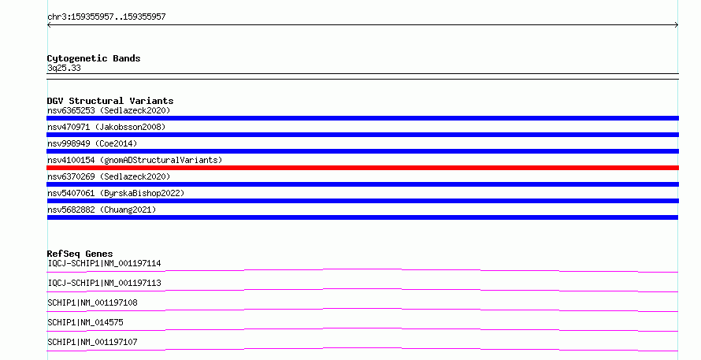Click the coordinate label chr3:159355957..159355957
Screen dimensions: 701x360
[x=106, y=17]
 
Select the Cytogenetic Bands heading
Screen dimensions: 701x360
[x=94, y=58]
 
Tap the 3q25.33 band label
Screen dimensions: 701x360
[x=64, y=68]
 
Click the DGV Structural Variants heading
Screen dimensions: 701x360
[x=110, y=101]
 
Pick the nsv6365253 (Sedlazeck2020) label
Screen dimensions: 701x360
[x=109, y=110]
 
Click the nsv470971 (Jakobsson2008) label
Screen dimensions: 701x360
[x=106, y=127]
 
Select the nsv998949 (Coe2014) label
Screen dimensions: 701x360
[x=92, y=143]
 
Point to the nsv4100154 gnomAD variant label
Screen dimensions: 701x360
[x=135, y=160]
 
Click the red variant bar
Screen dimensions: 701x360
[x=362, y=168]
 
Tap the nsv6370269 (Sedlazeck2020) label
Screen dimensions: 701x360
[x=109, y=176]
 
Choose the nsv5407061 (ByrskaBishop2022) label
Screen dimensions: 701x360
[x=116, y=193]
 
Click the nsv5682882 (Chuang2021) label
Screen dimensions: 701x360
[x=102, y=210]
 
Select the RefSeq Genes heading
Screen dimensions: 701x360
[x=80, y=254]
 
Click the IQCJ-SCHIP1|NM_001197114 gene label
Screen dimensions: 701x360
[x=104, y=263]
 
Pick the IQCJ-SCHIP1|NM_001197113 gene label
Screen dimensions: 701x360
[x=104, y=283]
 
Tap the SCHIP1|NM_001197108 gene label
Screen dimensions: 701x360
[x=92, y=302]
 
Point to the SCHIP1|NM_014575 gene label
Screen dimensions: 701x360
[x=85, y=322]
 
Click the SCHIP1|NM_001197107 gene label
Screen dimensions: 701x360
[x=92, y=342]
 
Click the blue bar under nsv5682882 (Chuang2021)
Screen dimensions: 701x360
[x=362, y=217]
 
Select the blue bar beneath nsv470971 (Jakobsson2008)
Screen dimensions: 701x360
[x=362, y=135]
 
